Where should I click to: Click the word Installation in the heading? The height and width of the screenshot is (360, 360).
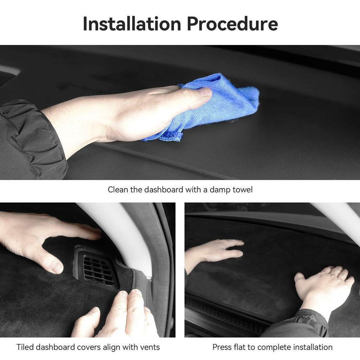click(132, 24)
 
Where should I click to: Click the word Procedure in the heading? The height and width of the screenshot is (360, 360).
click(232, 24)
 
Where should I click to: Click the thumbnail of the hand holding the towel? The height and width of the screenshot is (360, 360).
click(204, 92)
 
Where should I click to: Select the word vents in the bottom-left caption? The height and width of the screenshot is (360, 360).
click(150, 347)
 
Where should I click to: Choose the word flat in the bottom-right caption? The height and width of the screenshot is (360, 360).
click(239, 347)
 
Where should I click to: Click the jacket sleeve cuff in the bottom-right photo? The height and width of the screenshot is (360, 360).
click(312, 321)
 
